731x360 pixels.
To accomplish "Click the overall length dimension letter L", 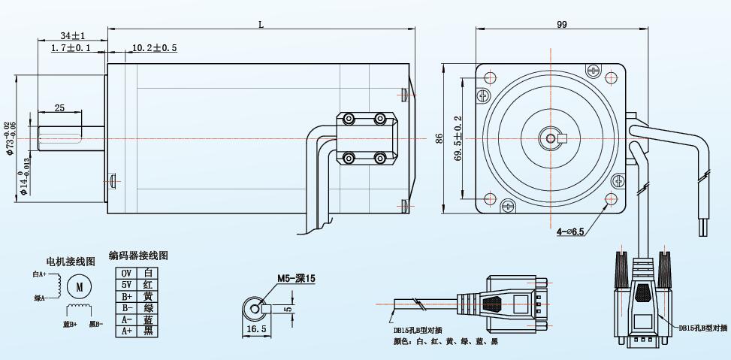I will point(261,25).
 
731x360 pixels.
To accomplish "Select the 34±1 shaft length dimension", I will point(73,35).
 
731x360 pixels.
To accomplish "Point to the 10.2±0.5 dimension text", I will point(154,48).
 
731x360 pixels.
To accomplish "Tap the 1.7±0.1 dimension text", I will point(71,48).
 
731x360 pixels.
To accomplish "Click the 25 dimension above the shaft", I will point(59,107).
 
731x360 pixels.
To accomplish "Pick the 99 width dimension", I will point(561,25).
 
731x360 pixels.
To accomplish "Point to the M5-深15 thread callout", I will point(296,278).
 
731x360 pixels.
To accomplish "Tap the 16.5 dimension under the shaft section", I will point(256,329).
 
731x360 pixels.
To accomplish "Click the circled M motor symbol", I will point(79,286).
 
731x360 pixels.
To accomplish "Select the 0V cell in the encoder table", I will point(126,273).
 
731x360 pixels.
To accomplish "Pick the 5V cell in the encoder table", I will point(126,285).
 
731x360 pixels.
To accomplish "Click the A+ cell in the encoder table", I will point(126,331).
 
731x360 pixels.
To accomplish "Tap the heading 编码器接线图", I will point(138,256).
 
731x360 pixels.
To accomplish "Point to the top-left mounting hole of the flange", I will point(491,77).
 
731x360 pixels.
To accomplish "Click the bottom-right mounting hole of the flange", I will point(613,199).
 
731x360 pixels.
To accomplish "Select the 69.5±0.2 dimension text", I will point(458,140).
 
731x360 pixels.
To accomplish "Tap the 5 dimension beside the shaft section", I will point(288,307).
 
